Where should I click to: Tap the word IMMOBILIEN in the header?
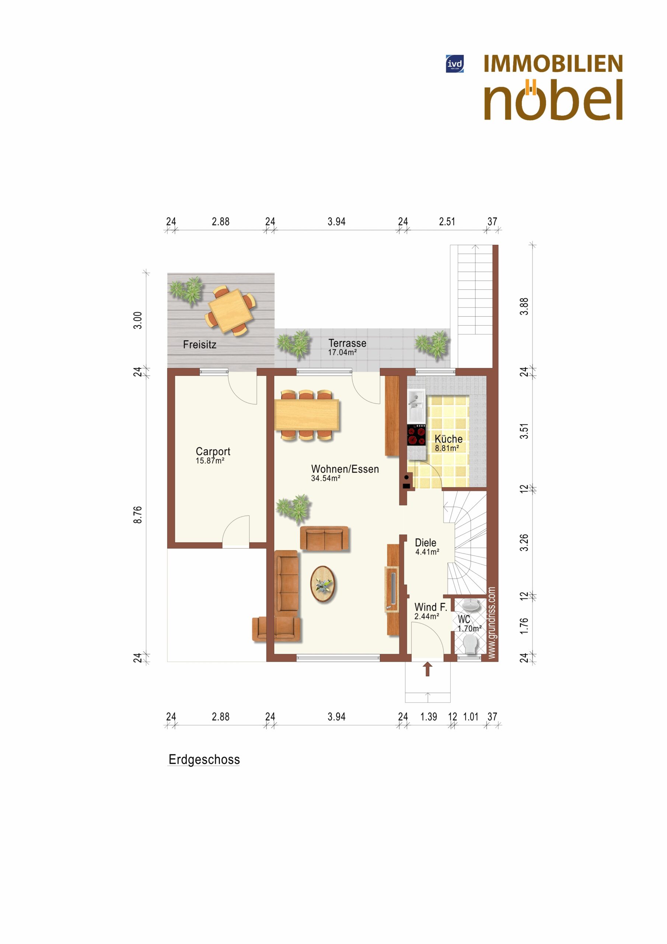click(553, 64)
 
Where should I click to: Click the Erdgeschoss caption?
click(204, 759)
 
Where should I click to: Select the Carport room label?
click(213, 451)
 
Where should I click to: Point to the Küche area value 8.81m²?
click(447, 448)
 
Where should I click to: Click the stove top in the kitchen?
click(417, 435)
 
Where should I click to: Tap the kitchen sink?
click(417, 405)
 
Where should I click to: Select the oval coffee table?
click(323, 584)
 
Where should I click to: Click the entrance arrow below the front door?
click(427, 669)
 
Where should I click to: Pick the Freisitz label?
click(200, 344)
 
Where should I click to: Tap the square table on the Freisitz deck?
click(230, 310)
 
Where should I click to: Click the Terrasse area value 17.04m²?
click(342, 353)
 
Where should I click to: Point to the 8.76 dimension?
click(138, 515)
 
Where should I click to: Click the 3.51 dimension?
click(524, 431)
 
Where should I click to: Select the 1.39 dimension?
click(429, 716)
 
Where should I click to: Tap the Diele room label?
click(425, 543)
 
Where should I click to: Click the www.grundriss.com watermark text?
click(492, 622)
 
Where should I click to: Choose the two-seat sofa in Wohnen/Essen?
click(324, 539)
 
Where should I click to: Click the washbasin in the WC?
click(471, 605)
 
